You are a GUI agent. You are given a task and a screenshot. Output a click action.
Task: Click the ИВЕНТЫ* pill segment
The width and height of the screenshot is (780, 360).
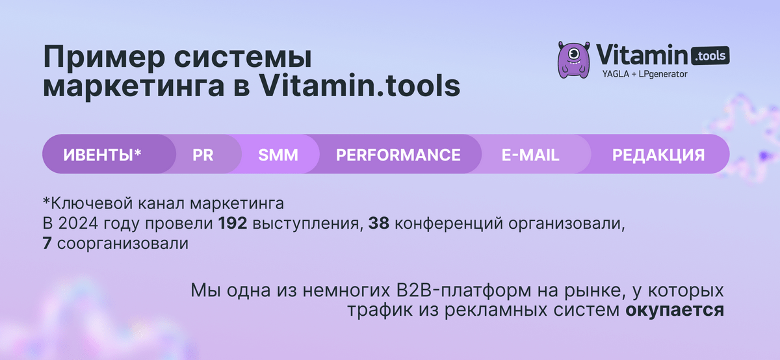point(102,155)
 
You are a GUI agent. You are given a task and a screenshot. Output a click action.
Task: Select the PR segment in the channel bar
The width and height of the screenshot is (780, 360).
point(203,155)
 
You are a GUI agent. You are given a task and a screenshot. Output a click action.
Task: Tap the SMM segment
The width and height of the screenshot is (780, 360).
point(278,155)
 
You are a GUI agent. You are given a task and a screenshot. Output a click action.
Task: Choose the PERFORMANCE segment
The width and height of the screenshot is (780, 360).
point(398,155)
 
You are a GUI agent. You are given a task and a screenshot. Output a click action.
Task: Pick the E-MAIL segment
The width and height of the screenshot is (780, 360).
point(530,155)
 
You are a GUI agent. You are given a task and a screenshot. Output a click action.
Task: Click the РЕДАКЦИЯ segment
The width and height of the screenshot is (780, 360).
point(658,155)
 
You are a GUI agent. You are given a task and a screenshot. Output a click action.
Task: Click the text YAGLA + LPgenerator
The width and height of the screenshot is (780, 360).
point(645,74)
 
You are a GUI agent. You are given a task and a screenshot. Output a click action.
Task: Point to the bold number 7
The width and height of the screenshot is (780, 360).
point(49,244)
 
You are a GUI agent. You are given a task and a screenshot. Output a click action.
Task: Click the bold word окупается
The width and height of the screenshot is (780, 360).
point(675,309)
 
